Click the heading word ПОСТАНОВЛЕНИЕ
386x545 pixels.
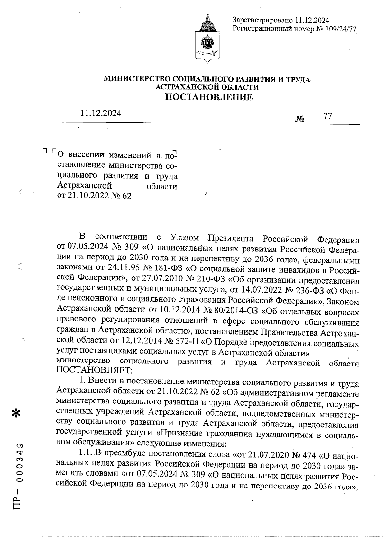point(209,97)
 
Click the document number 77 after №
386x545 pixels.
point(327,116)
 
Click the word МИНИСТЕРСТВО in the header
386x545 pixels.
point(137,79)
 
